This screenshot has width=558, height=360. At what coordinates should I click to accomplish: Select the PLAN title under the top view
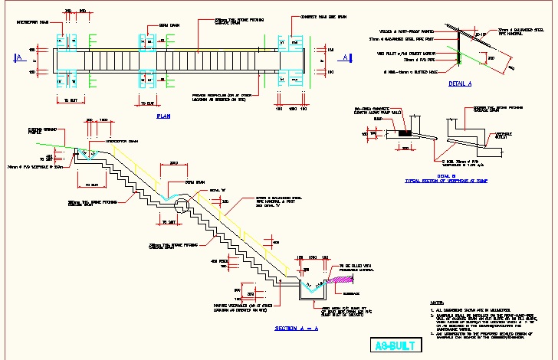coord(162,116)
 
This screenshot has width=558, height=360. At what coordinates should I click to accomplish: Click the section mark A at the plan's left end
coord(18,57)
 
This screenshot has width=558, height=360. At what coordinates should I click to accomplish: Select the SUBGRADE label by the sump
coord(353,292)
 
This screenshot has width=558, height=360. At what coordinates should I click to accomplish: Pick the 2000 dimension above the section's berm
coord(173,162)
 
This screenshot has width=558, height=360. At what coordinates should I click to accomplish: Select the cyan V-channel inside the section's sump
coord(309,289)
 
